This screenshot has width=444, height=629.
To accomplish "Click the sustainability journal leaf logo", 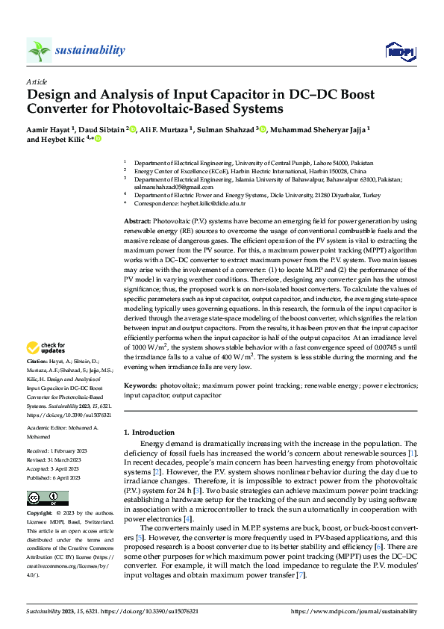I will click(39, 50).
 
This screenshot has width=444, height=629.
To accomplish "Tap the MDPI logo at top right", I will click(399, 51).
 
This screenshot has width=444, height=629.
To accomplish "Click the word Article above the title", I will click(37, 81).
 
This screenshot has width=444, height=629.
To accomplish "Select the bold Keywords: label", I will click(140, 385).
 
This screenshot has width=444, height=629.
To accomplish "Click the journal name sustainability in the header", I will click(90, 50).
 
